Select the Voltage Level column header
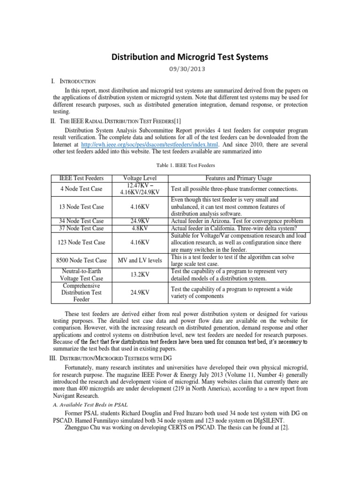click(139, 178)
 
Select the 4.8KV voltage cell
click(139, 228)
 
